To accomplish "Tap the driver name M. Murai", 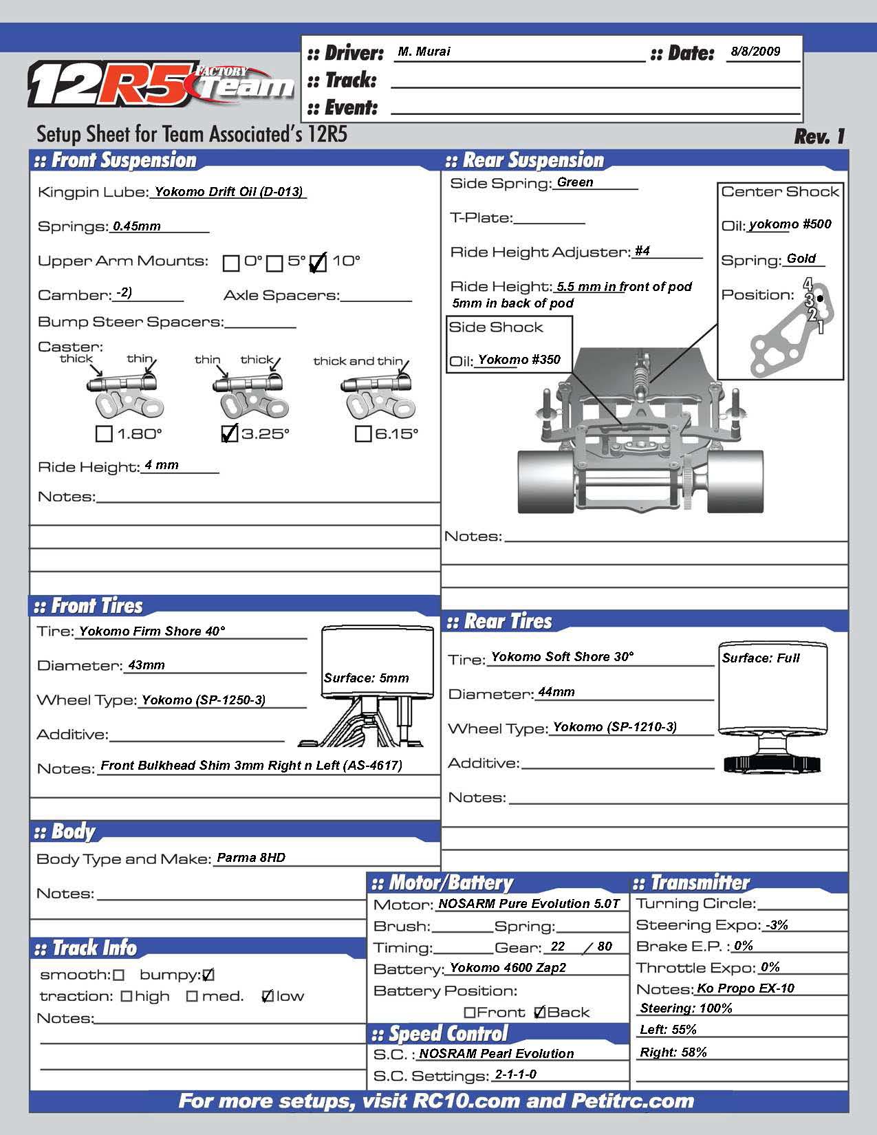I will click(x=424, y=52).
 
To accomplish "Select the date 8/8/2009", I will click(x=755, y=52).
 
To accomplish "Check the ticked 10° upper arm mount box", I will click(x=318, y=263).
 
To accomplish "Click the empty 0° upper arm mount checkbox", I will click(x=231, y=263).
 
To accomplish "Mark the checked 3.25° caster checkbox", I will click(x=230, y=433).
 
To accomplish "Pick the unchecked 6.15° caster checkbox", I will click(x=362, y=434).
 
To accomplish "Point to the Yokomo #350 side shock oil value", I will click(x=519, y=360).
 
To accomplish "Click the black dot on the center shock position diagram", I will click(x=820, y=299).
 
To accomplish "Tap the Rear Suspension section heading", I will click(x=533, y=161).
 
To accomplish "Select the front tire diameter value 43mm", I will click(x=147, y=665).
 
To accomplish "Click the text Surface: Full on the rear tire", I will click(x=761, y=658).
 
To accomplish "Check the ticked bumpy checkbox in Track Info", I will click(x=208, y=975).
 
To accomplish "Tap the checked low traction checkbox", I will click(x=268, y=997).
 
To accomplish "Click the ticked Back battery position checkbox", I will click(x=539, y=1013).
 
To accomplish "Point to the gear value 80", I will click(x=605, y=947).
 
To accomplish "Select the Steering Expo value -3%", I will click(x=777, y=925).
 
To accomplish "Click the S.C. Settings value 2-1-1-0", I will click(x=516, y=1074).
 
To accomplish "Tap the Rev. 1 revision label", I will click(x=819, y=136).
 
